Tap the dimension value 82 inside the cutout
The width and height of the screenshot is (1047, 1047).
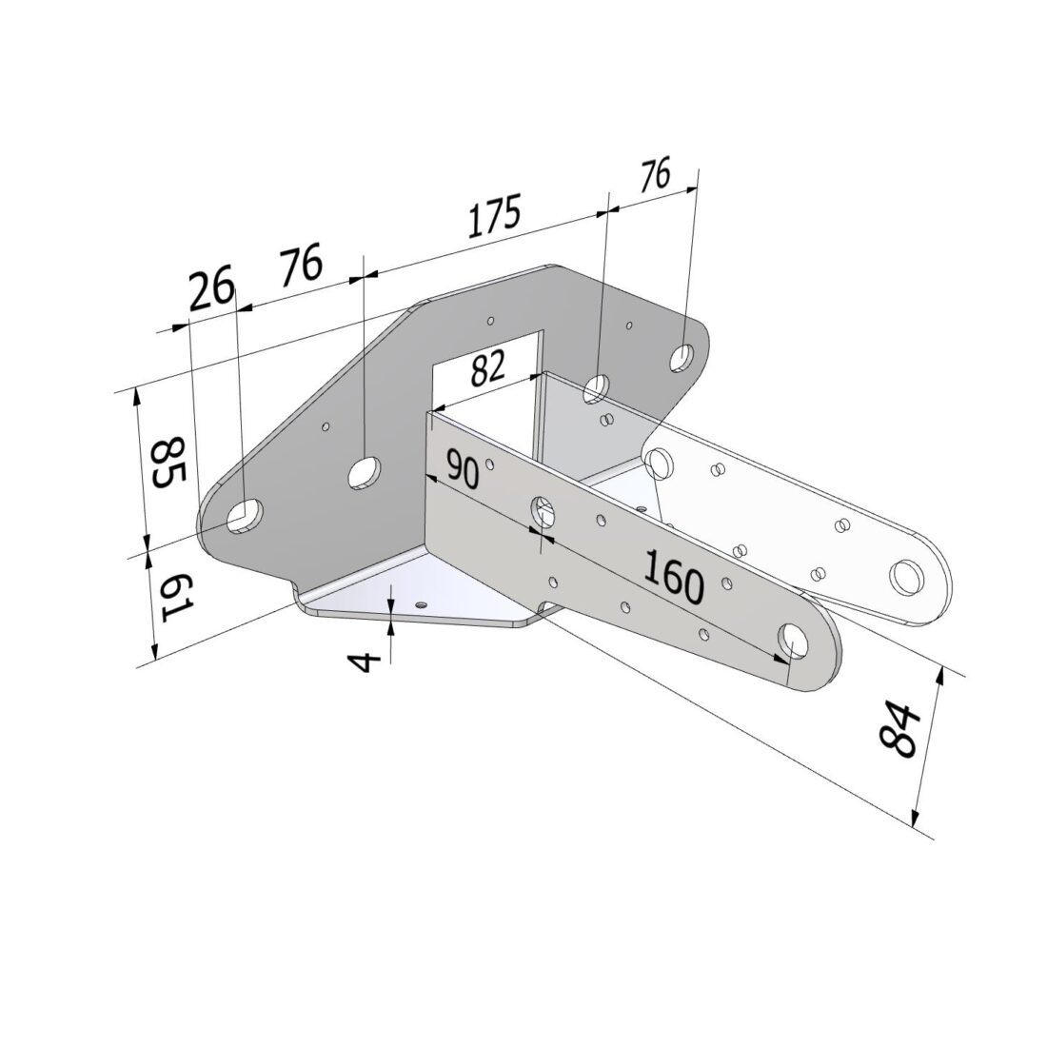[x=487, y=367]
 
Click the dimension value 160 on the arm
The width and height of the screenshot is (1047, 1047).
[x=673, y=577]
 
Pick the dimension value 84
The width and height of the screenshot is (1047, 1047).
[x=899, y=731]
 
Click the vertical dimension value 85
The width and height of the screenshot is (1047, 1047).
[x=168, y=463]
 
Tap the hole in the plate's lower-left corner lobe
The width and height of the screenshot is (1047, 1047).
[x=245, y=513]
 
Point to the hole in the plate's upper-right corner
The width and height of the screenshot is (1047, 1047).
[x=682, y=358]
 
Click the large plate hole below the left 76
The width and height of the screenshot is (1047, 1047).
[x=363, y=471]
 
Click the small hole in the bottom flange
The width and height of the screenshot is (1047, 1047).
[x=421, y=603]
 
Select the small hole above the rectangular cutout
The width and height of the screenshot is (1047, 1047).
[x=489, y=321]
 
